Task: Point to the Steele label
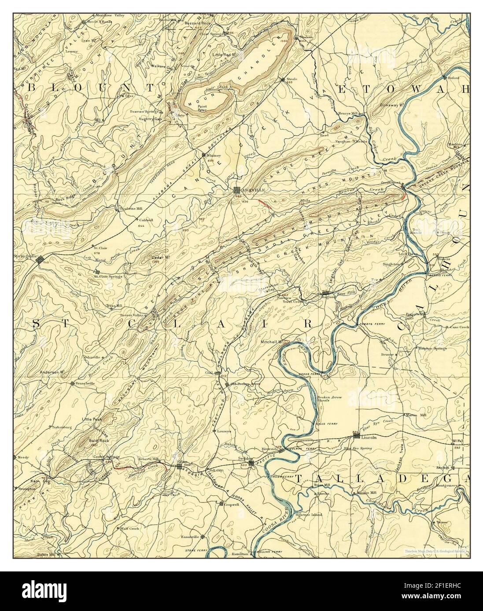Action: tap(292, 79)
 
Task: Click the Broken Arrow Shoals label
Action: tap(329, 400)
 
